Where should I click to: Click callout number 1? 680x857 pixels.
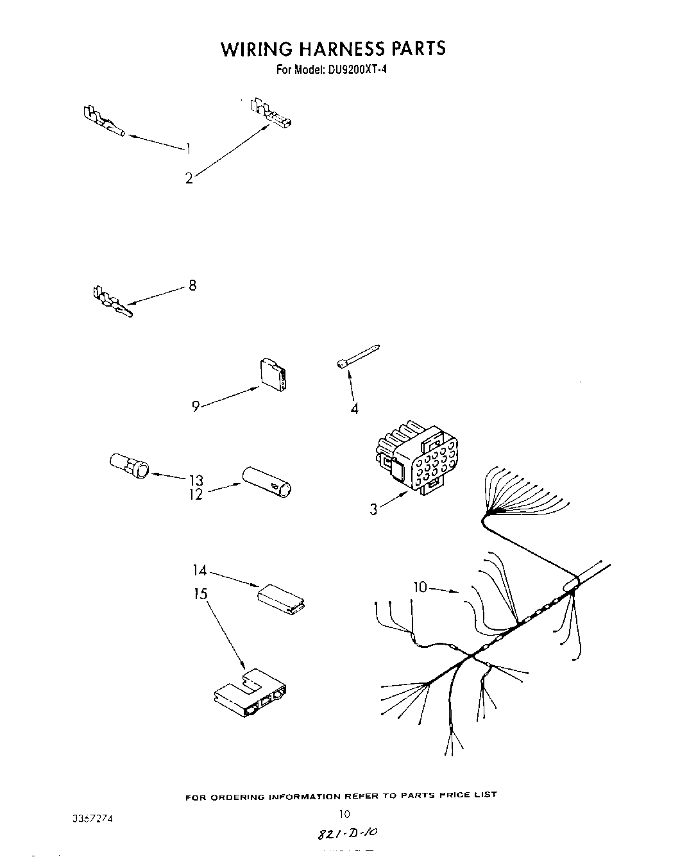coord(189,149)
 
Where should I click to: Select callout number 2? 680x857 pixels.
coord(189,178)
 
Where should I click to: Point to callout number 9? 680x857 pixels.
coord(196,405)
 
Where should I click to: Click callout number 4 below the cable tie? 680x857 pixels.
coord(354,408)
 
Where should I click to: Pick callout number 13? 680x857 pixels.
coord(196,480)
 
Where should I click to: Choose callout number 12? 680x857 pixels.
coord(196,494)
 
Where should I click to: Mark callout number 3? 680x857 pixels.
coord(373,510)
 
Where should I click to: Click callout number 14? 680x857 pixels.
coord(200,570)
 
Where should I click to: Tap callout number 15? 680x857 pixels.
coord(201,594)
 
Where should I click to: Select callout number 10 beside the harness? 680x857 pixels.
coord(420,586)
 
